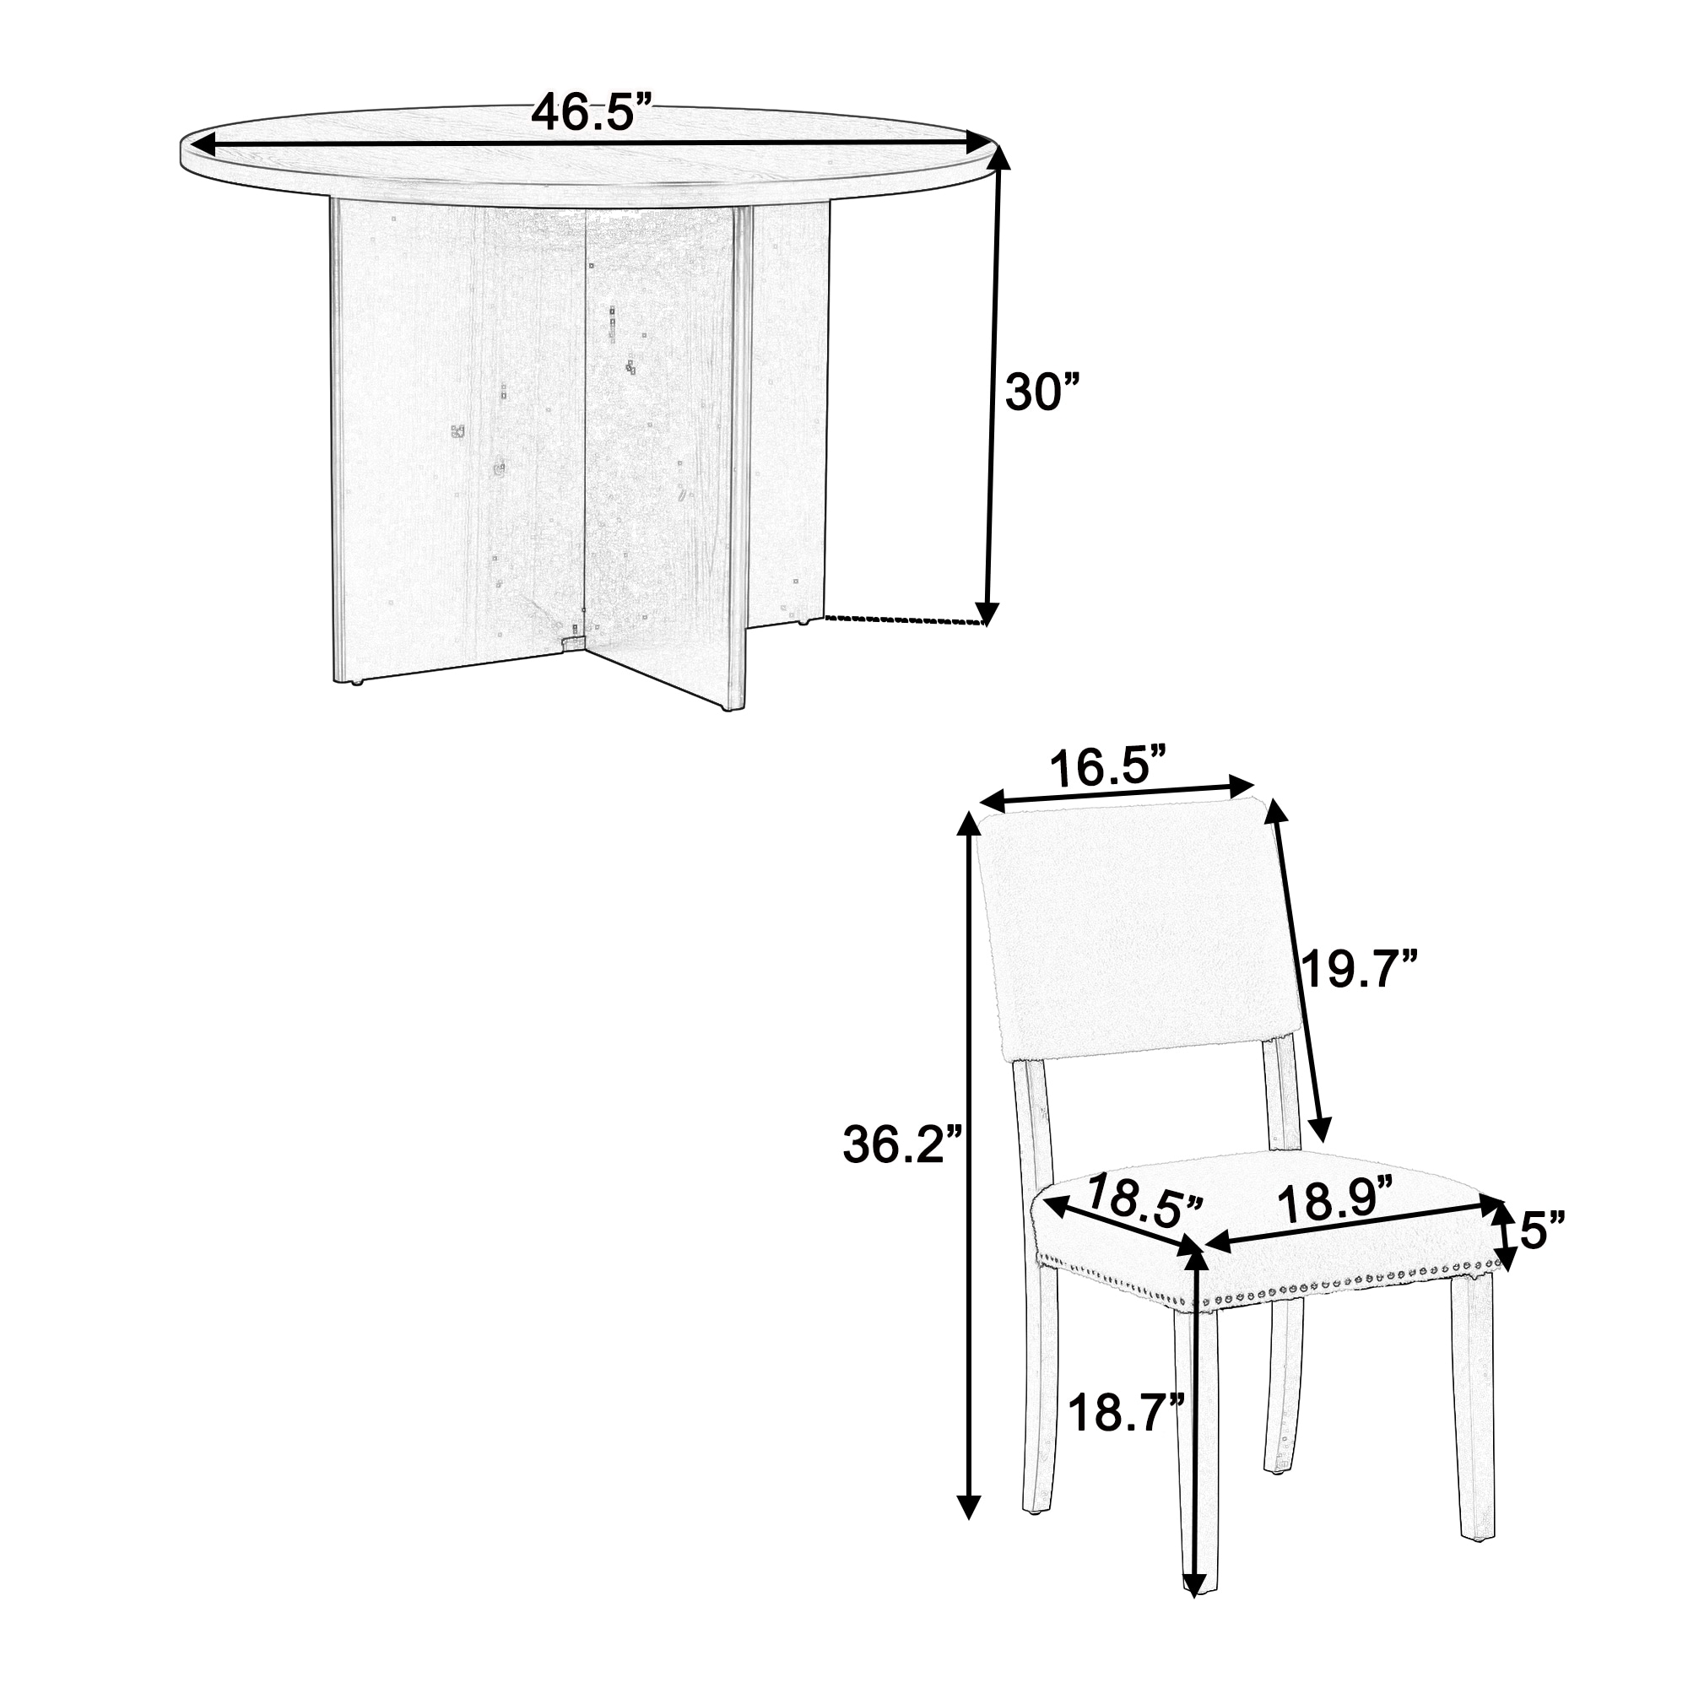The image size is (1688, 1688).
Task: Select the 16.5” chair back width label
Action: pyautogui.click(x=1108, y=769)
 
